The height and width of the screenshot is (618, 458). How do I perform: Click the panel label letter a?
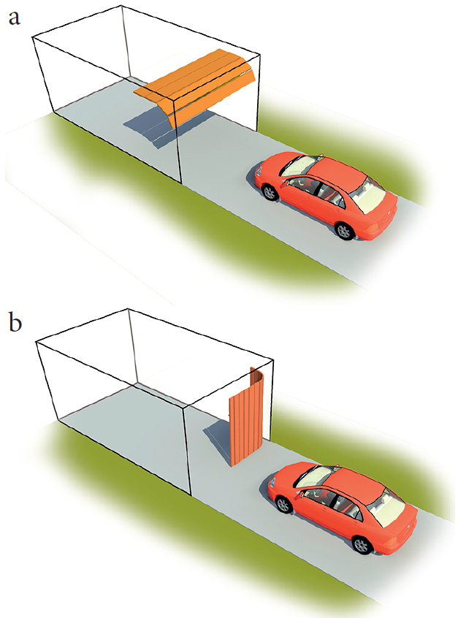point(14,18)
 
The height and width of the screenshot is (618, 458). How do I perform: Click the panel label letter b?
point(15,322)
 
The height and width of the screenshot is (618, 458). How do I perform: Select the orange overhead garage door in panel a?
point(194,86)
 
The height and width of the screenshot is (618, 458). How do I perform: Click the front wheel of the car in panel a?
point(270,192)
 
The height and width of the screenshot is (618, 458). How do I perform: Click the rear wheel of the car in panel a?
point(345,231)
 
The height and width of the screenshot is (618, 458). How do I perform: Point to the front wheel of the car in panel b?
point(283,504)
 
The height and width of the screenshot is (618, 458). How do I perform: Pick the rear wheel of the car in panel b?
point(362,545)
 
